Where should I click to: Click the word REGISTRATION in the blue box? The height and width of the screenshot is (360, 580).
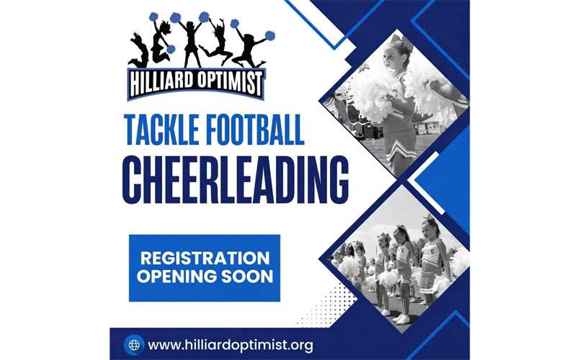pos(205,258)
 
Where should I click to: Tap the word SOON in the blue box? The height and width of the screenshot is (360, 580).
pos(248,276)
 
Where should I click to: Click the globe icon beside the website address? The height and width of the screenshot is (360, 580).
pos(133,344)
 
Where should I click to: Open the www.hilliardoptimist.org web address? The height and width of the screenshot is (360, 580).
pos(231,345)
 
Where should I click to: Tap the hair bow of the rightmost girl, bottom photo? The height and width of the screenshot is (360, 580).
pos(431,217)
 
